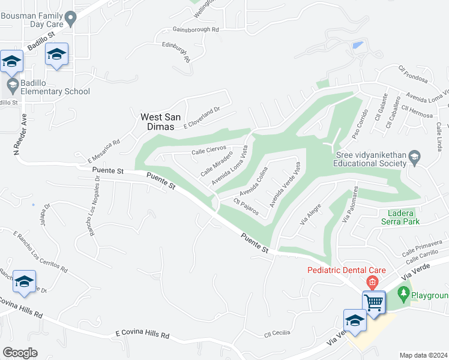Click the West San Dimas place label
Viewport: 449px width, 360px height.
[x=157, y=122]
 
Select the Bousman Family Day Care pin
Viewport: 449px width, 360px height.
[x=71, y=20]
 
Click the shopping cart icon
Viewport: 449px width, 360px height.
[x=373, y=301]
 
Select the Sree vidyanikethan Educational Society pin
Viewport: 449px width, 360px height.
[x=414, y=158]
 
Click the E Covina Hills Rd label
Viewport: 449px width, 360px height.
[x=142, y=335]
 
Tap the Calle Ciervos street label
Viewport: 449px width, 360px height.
[x=208, y=149]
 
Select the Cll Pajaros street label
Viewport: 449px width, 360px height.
[x=246, y=208]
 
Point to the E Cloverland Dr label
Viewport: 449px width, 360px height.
[x=202, y=117]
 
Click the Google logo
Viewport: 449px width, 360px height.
[x=20, y=353]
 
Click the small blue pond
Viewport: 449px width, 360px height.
[x=358, y=45]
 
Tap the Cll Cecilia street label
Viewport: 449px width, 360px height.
[x=277, y=333]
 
